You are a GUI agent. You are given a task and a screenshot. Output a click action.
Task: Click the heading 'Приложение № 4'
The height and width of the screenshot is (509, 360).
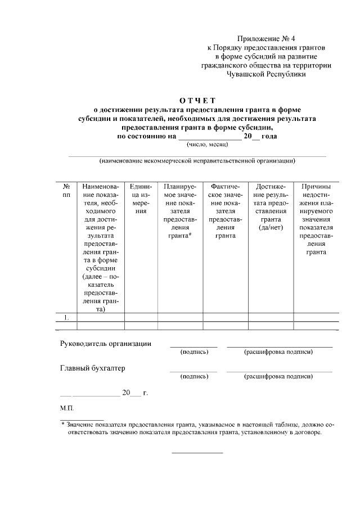click(x=266, y=39)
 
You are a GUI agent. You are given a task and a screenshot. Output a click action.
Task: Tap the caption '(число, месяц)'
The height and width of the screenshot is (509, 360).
click(x=205, y=145)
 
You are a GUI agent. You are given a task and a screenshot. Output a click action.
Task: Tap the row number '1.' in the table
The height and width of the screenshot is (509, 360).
click(x=66, y=317)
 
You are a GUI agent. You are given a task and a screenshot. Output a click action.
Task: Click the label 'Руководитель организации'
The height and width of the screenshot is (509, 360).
click(x=106, y=344)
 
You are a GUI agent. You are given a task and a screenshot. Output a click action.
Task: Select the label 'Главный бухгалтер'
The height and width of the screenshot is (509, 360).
click(x=93, y=368)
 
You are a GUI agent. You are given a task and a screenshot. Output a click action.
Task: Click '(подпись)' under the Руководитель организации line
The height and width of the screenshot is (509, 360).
click(x=194, y=352)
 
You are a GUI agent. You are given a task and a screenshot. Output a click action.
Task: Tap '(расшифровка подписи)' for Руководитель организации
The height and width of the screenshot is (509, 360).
click(x=278, y=352)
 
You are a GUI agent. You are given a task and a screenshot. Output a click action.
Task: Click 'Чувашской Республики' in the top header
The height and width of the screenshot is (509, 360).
click(x=266, y=73)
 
